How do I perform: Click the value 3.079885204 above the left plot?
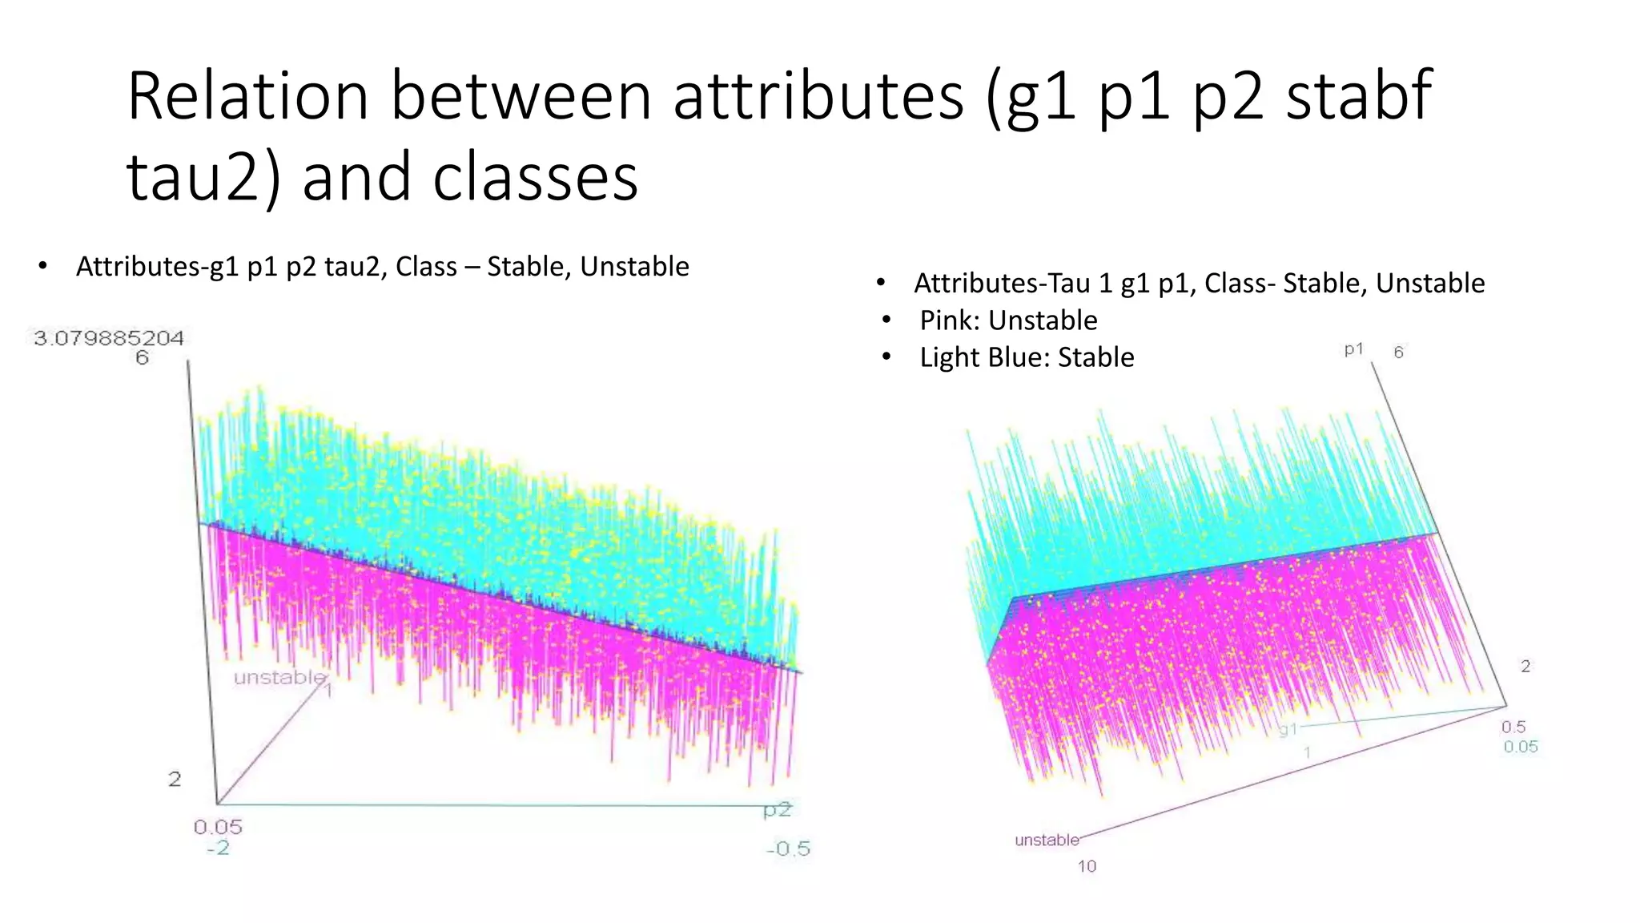pos(109,338)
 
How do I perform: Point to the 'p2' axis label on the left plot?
pos(777,810)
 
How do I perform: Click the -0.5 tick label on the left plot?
pos(788,848)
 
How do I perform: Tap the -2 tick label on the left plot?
pos(218,848)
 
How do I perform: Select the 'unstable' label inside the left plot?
pos(279,678)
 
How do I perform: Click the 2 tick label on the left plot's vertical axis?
pos(174,779)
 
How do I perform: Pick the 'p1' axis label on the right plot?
pos(1353,349)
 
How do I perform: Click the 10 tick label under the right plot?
pos(1087,866)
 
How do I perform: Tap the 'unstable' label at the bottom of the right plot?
pos(1047,840)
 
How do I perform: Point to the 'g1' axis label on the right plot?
pos(1288,730)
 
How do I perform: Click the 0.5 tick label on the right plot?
pos(1513,727)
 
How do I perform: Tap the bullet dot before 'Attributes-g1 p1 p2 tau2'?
pos(43,266)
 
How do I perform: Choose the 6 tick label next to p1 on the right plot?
pos(1398,353)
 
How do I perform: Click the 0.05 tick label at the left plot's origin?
pos(218,827)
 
